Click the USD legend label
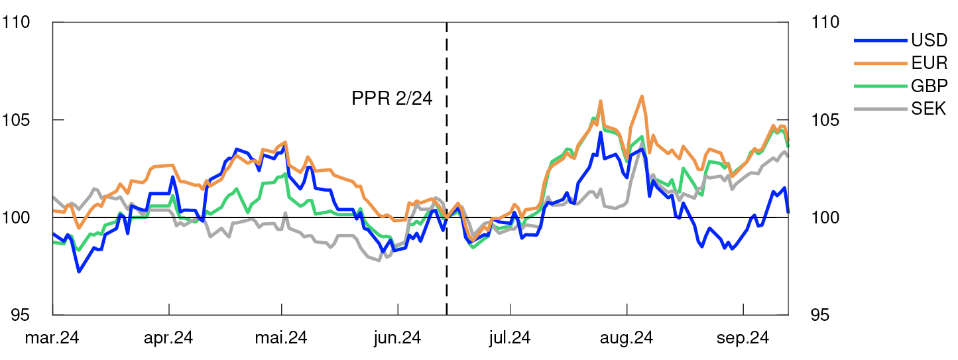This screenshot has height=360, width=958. coord(929,41)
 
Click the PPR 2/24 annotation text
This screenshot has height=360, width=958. coord(392,99)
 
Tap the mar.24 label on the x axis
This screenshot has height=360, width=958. coord(52,338)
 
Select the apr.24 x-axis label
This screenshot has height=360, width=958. coord(168,338)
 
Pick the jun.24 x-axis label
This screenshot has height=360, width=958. coord(397,338)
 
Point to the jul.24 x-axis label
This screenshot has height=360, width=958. coord(510,338)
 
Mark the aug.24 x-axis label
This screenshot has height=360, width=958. coord(627,338)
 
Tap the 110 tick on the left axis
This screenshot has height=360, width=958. coord(18,23)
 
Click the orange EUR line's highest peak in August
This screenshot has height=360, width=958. coord(642,96)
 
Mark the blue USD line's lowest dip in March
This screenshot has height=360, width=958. coord(79,271)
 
